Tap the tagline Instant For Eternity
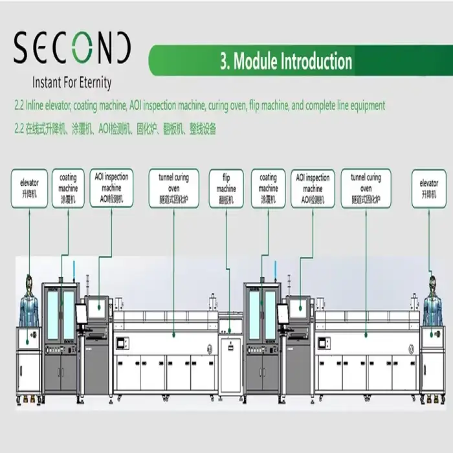[72, 83]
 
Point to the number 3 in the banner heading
[224, 61]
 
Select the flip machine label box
[226, 188]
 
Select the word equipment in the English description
[365, 105]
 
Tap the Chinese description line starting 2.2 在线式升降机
[115, 129]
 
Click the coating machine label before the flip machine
[69, 188]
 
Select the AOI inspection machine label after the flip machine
[313, 188]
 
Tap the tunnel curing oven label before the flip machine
[173, 188]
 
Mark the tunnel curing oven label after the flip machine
[366, 188]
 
